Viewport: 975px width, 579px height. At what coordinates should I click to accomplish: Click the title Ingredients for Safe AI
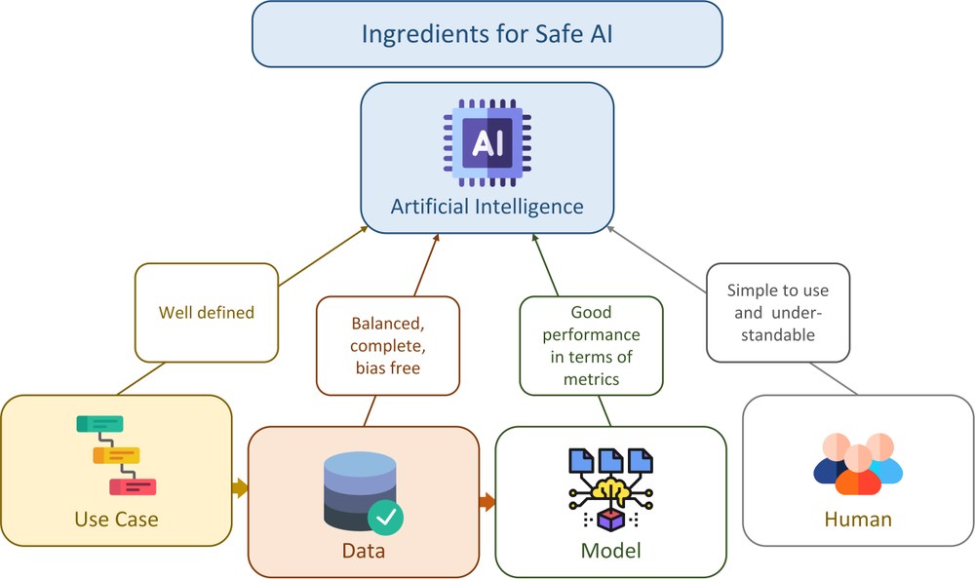[487, 34]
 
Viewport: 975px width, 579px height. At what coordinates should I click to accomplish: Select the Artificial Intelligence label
[487, 207]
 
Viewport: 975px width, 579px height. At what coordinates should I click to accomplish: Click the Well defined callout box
[206, 313]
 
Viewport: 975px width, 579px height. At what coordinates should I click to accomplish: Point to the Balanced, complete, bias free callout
[388, 346]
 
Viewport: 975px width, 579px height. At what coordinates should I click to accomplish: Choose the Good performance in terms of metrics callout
[590, 345]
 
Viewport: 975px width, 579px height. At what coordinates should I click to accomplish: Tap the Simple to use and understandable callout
[777, 313]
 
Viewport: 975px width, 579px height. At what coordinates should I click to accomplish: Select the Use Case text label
[116, 519]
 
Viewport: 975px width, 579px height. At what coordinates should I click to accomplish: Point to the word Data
[363, 551]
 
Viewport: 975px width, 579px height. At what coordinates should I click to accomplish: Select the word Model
[610, 551]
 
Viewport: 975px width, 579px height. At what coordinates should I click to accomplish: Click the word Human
[858, 519]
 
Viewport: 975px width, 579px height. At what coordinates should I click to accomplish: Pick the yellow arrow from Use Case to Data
[240, 488]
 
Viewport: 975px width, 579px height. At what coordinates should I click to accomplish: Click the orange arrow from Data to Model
[487, 502]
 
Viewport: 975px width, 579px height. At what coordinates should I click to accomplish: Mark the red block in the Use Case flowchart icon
[133, 485]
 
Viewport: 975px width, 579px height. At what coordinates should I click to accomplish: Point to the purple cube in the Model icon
[610, 521]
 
